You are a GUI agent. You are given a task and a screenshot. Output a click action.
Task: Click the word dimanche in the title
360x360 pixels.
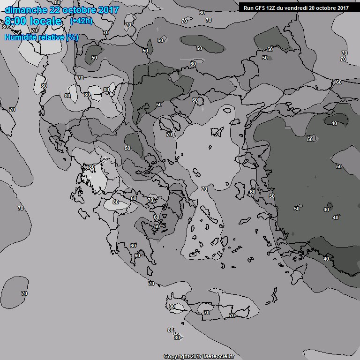(23, 10)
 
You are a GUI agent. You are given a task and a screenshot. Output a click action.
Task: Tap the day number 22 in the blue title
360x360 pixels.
(54, 10)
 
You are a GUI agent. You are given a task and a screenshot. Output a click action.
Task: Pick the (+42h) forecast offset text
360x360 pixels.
(81, 21)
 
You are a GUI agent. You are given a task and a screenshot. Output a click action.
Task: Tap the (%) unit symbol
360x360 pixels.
(72, 37)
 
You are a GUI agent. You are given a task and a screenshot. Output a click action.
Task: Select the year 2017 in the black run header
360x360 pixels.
(342, 7)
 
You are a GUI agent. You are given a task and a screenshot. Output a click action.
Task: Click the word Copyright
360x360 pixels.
(176, 356)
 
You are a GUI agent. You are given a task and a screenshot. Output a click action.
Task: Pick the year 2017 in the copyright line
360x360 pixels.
(195, 356)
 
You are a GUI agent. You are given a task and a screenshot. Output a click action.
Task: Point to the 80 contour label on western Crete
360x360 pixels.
(172, 306)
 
